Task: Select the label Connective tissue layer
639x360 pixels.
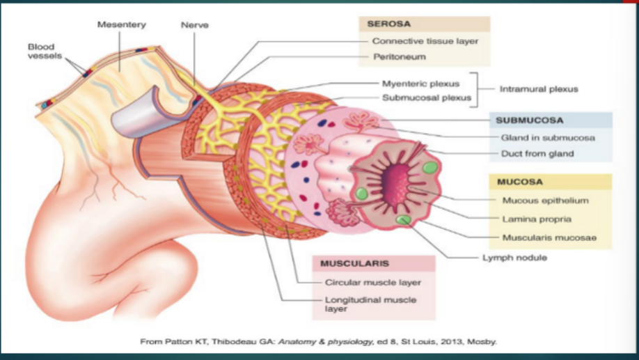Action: [x=425, y=41]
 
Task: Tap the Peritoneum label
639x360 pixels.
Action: [x=399, y=56]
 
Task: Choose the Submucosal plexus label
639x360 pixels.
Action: [x=424, y=97]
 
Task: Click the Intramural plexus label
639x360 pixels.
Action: [x=539, y=90]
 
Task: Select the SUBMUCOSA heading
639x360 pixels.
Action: [x=529, y=120]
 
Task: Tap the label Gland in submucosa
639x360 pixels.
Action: [x=548, y=138]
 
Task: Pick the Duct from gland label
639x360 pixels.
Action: [x=537, y=154]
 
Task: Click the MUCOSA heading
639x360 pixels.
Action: [x=519, y=182]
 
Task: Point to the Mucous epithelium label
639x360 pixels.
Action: [x=545, y=201]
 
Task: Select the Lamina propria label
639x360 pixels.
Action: [x=537, y=219]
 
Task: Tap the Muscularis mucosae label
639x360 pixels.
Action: [x=549, y=237]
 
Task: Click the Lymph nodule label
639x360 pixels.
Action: [x=514, y=258]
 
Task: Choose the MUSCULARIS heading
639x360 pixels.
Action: [x=354, y=264]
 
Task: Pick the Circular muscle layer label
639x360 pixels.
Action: [x=372, y=283]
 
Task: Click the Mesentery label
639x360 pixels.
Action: [x=122, y=25]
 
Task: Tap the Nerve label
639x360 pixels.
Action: [x=194, y=25]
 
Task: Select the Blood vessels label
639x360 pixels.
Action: [x=41, y=52]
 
